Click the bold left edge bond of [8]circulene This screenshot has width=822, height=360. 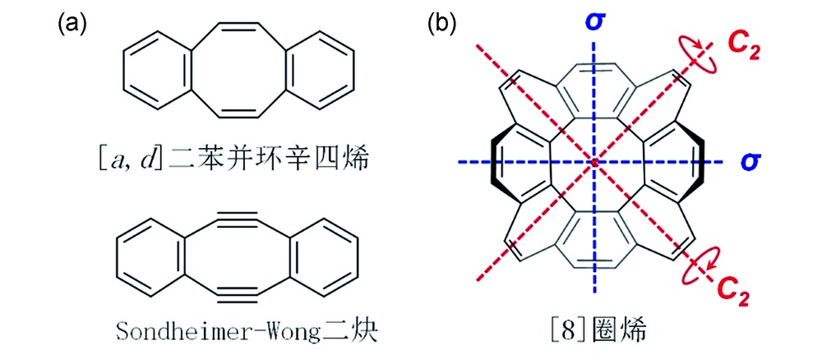click(495, 163)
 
